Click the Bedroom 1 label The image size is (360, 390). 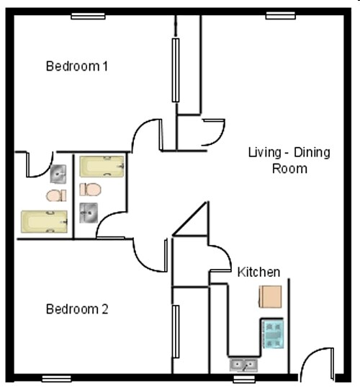pyautogui.click(x=77, y=66)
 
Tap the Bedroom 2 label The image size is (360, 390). pyautogui.click(x=77, y=309)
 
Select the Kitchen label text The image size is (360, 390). pyautogui.click(x=258, y=272)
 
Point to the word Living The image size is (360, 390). pyautogui.click(x=264, y=153)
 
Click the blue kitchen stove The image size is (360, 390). pyautogui.click(x=273, y=334)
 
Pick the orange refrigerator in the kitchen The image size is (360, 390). pyautogui.click(x=271, y=296)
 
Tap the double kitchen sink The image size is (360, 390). pyautogui.click(x=243, y=365)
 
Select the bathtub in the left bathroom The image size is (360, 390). pyautogui.click(x=45, y=220)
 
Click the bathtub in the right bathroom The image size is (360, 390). pyautogui.click(x=102, y=167)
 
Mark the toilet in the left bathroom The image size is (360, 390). pyautogui.click(x=56, y=195)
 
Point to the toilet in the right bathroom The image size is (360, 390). pyautogui.click(x=91, y=190)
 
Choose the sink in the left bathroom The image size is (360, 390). pyautogui.click(x=59, y=173)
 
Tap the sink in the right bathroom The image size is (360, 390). pyautogui.click(x=89, y=212)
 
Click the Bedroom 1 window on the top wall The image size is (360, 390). pyautogui.click(x=88, y=15)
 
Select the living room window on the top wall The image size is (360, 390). pyautogui.click(x=281, y=15)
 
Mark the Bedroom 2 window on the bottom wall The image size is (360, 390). pyautogui.click(x=56, y=378)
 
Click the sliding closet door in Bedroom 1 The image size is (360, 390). pyautogui.click(x=175, y=70)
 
